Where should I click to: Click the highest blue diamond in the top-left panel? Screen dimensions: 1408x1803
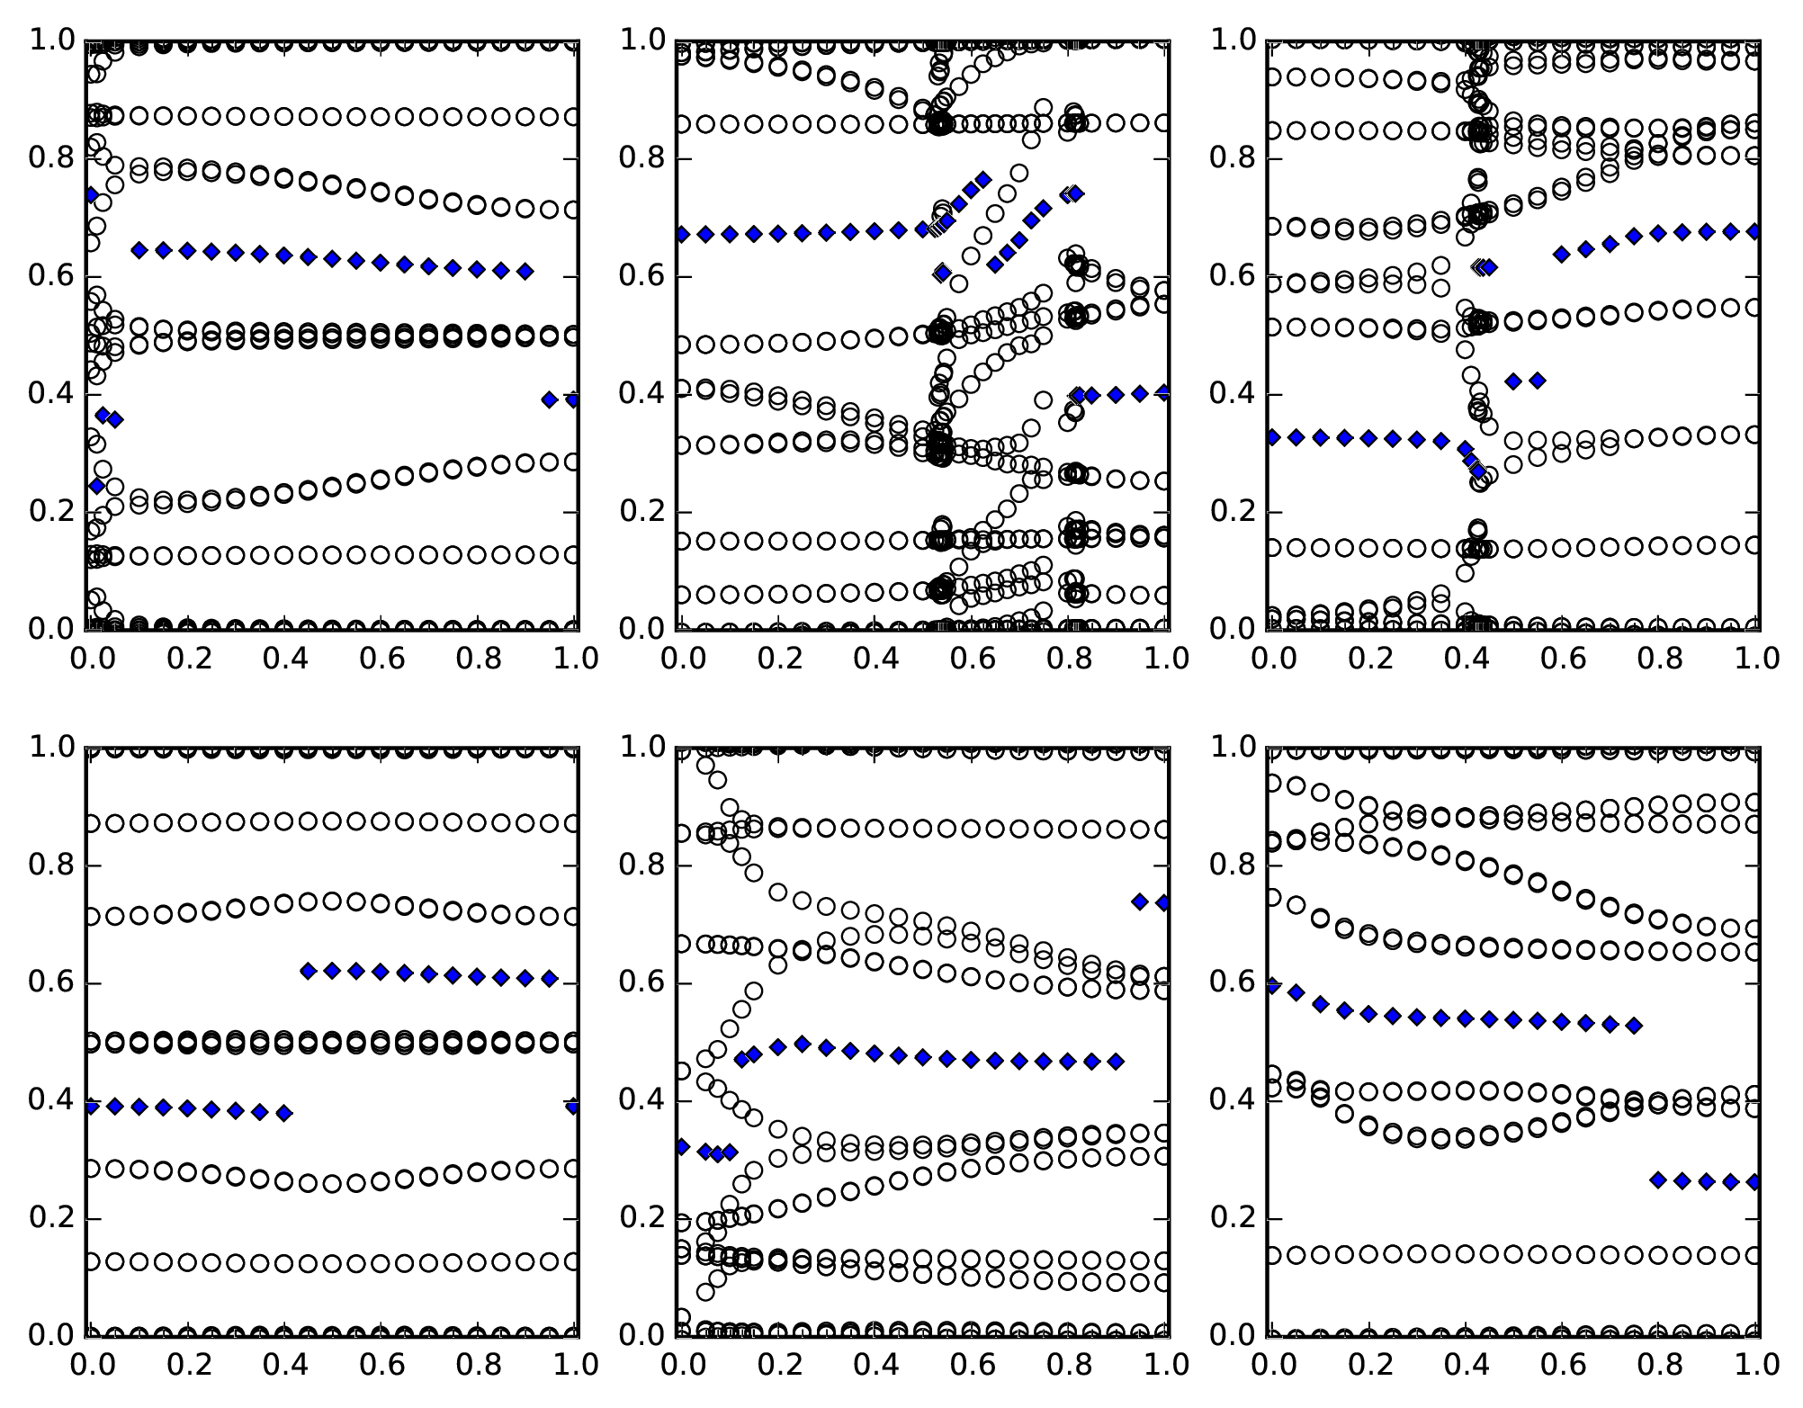(91, 194)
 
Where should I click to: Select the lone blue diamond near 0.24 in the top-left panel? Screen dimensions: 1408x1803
(96, 486)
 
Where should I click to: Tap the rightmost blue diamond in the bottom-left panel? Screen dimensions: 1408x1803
(573, 1106)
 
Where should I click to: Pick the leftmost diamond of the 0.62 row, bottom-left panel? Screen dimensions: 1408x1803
(309, 971)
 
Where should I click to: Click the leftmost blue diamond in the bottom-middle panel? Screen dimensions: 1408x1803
(682, 1147)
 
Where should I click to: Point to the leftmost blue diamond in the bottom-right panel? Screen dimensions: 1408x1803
(1272, 986)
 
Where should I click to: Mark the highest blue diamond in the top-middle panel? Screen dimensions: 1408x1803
(983, 180)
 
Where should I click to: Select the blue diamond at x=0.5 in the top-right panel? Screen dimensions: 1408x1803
(1513, 381)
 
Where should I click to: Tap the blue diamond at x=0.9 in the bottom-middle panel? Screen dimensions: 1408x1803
(1116, 1062)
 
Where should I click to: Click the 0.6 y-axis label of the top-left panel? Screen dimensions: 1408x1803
(52, 276)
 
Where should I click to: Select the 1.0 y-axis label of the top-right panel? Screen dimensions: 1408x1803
(1233, 40)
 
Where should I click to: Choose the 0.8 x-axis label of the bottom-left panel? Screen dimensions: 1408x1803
(478, 1365)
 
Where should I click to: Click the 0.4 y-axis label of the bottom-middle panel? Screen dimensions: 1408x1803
(641, 1101)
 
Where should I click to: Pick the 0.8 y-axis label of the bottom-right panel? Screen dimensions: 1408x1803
(1233, 865)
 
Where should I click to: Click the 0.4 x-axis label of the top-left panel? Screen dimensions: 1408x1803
(283, 659)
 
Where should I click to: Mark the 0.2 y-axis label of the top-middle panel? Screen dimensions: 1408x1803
(641, 512)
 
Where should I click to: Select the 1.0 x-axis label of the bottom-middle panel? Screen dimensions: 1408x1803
(1166, 1365)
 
